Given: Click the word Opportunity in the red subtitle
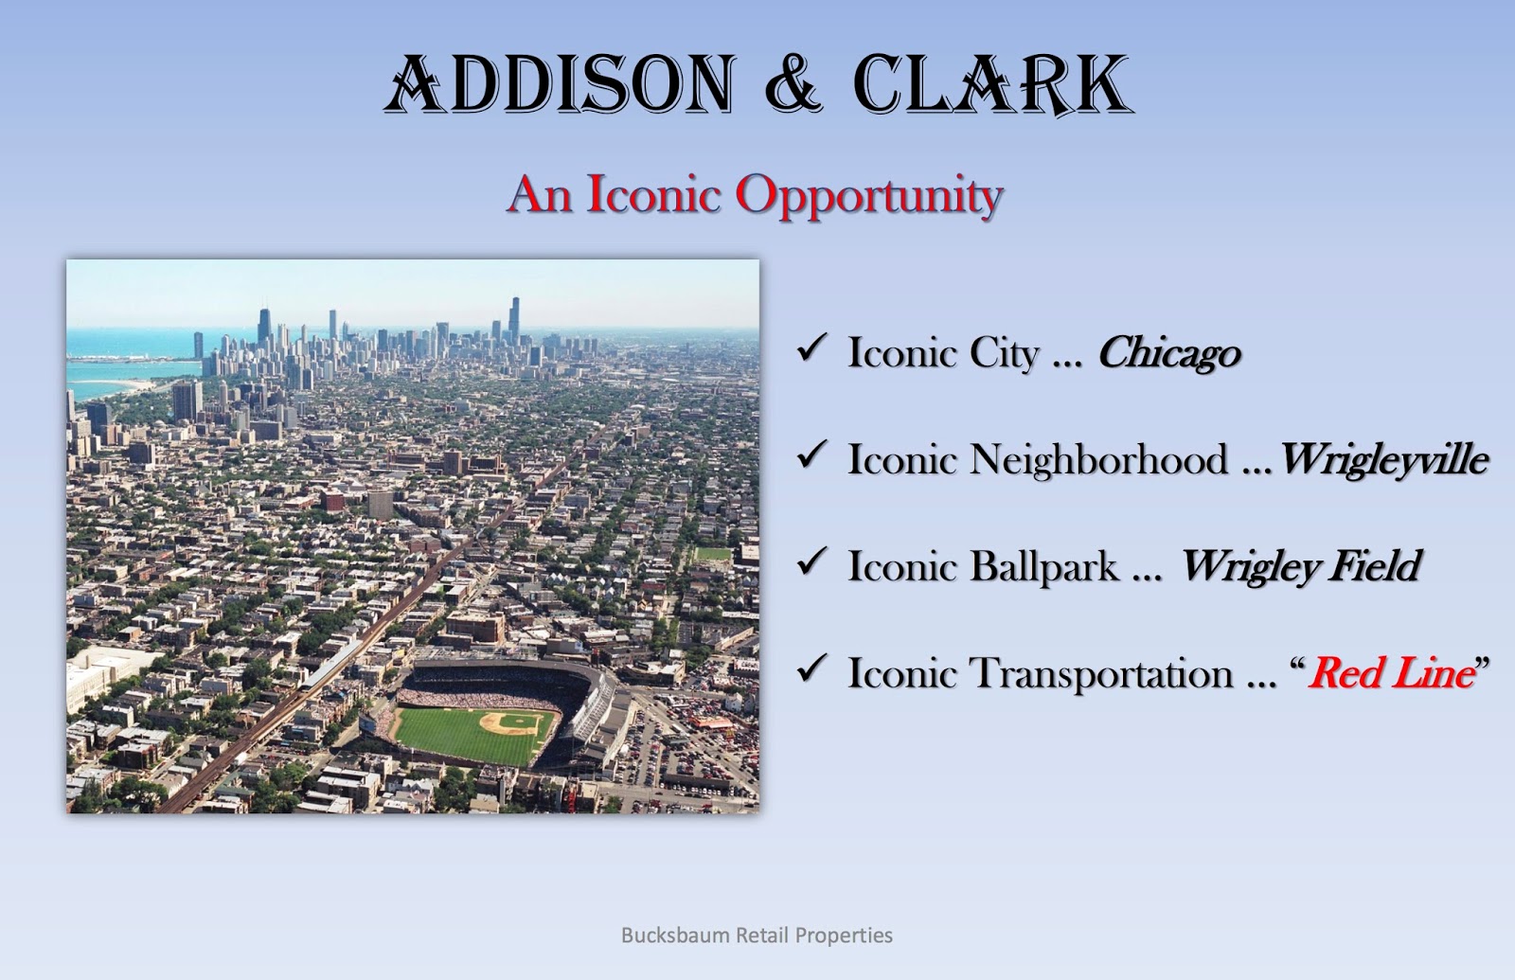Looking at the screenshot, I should (868, 195).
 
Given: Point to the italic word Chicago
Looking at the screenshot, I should (1168, 352).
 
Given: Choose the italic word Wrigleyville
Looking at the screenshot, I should (1383, 459).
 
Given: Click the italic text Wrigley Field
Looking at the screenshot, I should (1299, 566).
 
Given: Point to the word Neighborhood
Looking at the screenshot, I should (1098, 459).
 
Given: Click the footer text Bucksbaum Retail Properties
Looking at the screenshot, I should (757, 935).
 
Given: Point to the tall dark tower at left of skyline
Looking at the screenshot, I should (264, 327).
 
